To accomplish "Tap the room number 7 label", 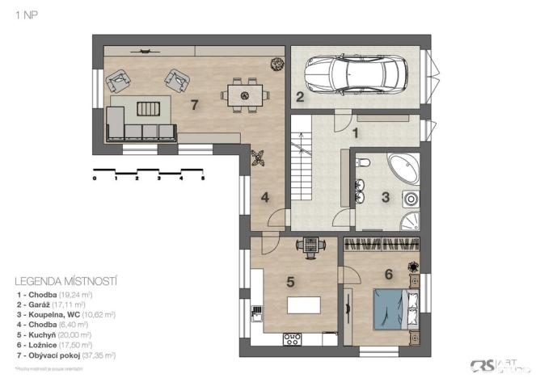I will tap(194, 106).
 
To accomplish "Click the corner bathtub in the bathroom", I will tap(401, 166).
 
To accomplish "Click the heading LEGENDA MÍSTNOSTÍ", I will tap(66, 281).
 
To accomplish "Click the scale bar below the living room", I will tap(149, 172).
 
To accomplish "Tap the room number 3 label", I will tap(386, 195).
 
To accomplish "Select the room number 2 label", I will tap(299, 99).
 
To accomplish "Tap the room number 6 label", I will tap(388, 274).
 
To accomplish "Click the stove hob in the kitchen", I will tap(292, 339).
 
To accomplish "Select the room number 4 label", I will tap(264, 196).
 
